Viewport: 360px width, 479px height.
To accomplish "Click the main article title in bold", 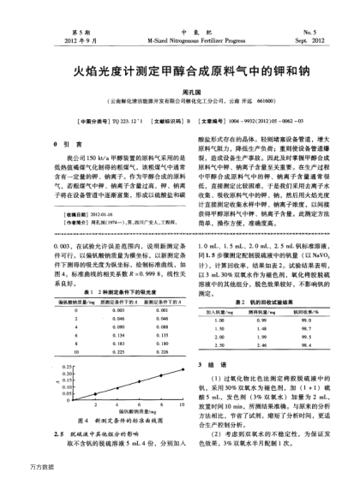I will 179,63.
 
